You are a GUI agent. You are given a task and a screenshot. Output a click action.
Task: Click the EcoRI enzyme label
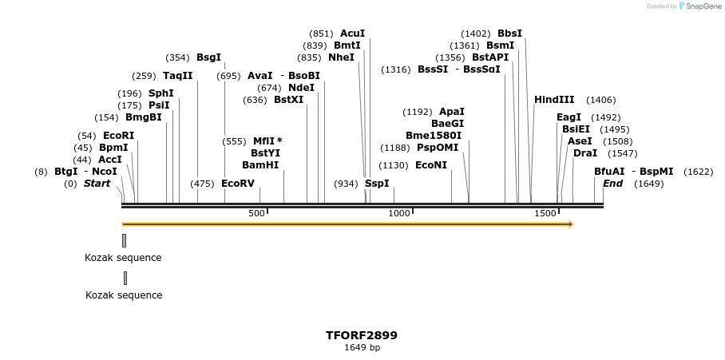coord(118,136)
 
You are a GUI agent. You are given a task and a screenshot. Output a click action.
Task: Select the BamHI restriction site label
coord(260,165)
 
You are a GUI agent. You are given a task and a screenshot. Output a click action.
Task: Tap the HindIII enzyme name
coord(554,100)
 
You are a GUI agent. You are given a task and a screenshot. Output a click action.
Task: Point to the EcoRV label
coord(238,184)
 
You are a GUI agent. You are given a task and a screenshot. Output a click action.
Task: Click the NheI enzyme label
coord(341,57)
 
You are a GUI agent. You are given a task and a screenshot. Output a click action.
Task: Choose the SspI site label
coord(377,184)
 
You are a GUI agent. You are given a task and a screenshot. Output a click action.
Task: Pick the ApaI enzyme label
coord(452,112)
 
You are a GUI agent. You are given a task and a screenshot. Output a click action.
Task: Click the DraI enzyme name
coord(585,153)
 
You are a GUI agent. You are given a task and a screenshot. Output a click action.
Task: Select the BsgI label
coord(208,57)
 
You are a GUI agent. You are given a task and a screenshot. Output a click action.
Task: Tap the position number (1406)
coord(600,100)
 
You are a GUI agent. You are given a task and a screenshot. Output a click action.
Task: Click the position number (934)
coord(346,184)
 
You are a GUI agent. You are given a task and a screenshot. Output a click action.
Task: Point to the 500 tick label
coord(256,214)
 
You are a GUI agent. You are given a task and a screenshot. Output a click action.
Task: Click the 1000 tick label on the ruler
coord(399,214)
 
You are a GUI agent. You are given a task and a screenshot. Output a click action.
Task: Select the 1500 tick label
coord(545,214)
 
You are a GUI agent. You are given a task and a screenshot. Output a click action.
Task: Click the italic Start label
coord(97,184)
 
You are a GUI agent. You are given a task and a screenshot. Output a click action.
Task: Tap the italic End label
coord(612,184)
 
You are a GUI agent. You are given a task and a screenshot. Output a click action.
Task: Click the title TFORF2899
coord(362,335)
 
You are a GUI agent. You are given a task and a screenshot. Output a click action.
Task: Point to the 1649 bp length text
coord(362,347)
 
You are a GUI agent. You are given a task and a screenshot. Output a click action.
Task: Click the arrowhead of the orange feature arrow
coord(570,224)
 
